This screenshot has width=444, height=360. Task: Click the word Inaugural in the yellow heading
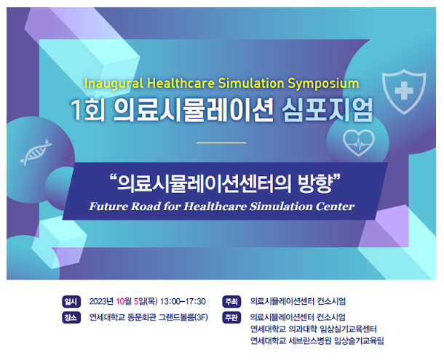point(114,84)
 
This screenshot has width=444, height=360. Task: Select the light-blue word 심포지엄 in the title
point(328,110)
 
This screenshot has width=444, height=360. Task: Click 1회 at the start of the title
point(88,110)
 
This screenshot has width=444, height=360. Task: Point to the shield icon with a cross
point(404,91)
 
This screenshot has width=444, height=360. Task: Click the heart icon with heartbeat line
point(359,143)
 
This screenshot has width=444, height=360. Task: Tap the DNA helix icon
point(36,152)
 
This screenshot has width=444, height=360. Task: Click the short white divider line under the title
point(221,143)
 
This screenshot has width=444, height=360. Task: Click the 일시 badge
point(71,301)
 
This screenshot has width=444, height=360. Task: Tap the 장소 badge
point(71,318)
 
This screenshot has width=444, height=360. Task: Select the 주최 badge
point(231,301)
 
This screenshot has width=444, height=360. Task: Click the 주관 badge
point(231,318)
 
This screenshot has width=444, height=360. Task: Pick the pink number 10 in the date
point(120,301)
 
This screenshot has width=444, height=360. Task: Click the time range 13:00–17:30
point(183,301)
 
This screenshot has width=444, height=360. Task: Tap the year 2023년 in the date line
point(101,301)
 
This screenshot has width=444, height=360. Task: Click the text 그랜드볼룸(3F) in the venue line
point(183,317)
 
